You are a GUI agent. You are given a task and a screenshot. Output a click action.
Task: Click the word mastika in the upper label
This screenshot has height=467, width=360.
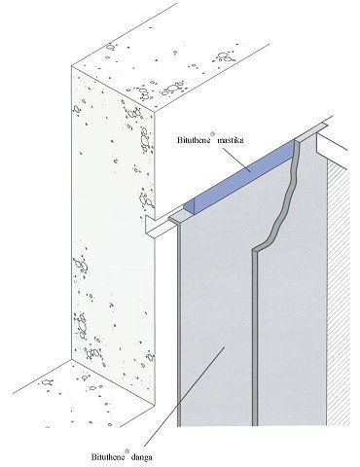pos(231,140)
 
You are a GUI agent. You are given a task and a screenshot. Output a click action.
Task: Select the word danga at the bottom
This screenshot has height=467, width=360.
pos(141,457)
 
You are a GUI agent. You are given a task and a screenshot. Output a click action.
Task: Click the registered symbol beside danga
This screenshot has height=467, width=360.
pos(127,450)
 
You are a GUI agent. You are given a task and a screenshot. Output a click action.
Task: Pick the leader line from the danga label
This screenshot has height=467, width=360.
pos(184,398)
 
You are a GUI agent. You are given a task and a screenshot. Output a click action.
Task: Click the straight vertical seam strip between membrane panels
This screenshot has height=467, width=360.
pos(255,339)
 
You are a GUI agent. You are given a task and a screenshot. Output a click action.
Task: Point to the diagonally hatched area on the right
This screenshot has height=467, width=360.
pos(339,292)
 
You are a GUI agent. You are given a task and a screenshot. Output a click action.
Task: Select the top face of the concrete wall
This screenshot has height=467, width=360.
pos(168,75)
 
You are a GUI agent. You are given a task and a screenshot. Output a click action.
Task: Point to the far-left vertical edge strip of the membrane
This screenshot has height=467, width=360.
pos(179,324)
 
